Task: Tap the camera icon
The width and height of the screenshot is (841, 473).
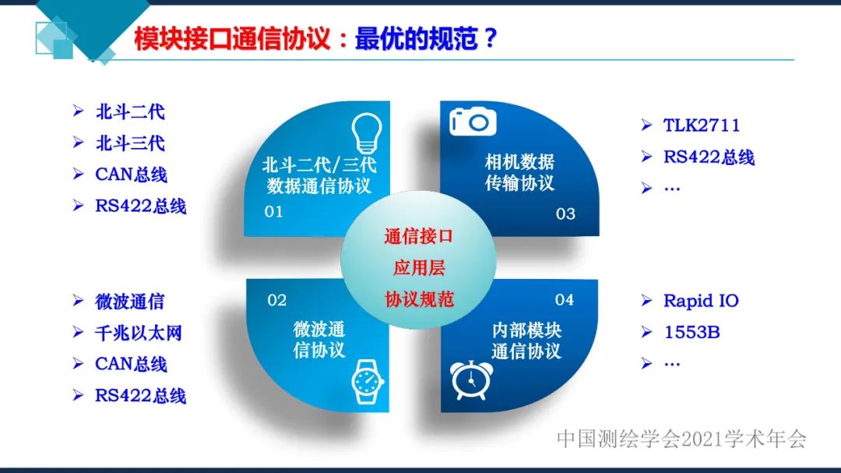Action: [x=473, y=122]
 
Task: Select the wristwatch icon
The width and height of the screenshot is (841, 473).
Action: [x=364, y=381]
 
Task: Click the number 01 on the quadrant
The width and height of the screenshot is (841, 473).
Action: [x=273, y=212]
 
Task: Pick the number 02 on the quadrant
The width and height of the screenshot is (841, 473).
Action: [x=276, y=300]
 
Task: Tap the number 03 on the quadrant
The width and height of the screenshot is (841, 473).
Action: [x=565, y=214]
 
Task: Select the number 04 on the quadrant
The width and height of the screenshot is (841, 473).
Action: [x=565, y=300]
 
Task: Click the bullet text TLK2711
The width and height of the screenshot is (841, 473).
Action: [x=702, y=125]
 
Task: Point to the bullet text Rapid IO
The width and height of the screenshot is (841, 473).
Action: [x=701, y=301]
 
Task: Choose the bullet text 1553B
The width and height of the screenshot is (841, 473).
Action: [x=691, y=333]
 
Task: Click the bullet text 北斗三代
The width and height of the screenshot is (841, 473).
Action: [x=130, y=143]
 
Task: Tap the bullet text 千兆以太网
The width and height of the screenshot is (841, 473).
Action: [x=139, y=333]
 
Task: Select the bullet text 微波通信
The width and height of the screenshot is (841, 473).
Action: [x=130, y=302]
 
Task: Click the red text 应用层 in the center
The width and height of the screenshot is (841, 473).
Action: [x=419, y=268]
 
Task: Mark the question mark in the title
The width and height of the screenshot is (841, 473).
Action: [x=490, y=39]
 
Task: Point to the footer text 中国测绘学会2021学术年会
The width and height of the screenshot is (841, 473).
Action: [x=681, y=439]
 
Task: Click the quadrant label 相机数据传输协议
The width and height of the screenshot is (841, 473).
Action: [x=519, y=173]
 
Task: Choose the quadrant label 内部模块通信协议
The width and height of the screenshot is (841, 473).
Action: [x=526, y=340]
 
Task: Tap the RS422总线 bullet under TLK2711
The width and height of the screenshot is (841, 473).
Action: [x=709, y=157]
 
